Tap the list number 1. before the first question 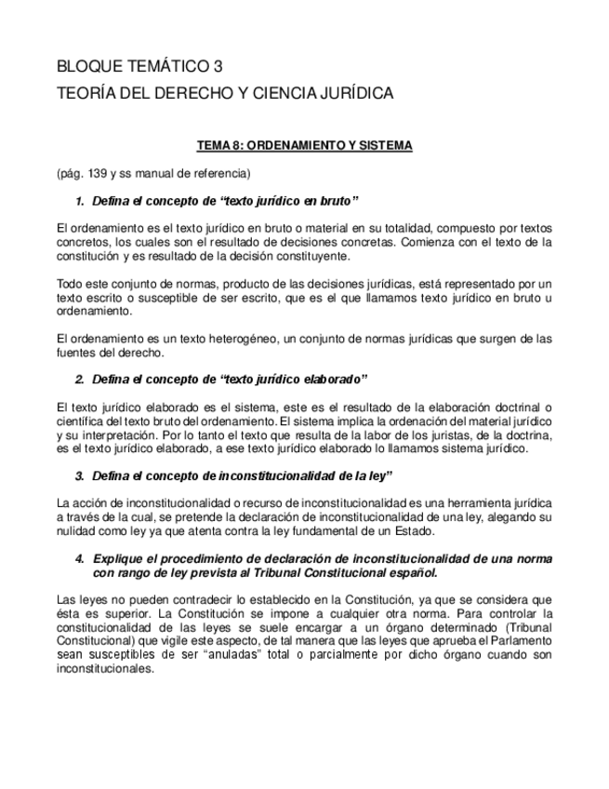(x=80, y=201)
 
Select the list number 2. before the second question (x=80, y=379)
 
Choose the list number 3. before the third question (x=80, y=476)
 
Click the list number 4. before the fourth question (x=80, y=558)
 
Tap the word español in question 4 (x=411, y=572)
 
